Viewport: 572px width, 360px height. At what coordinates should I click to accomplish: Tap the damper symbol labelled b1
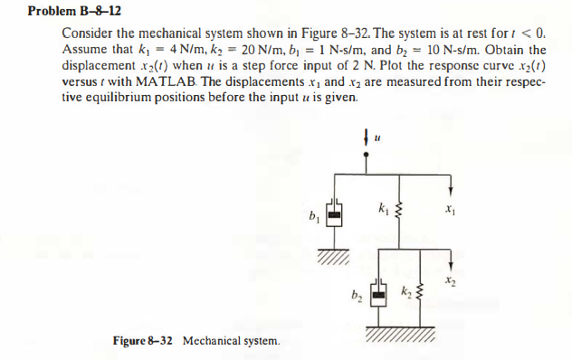coord(335,217)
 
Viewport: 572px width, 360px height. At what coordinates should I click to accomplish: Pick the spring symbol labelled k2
coord(419,298)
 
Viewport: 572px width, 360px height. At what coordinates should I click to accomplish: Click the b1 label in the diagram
coord(313,217)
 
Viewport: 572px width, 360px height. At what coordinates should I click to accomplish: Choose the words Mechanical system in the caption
coord(232,341)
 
